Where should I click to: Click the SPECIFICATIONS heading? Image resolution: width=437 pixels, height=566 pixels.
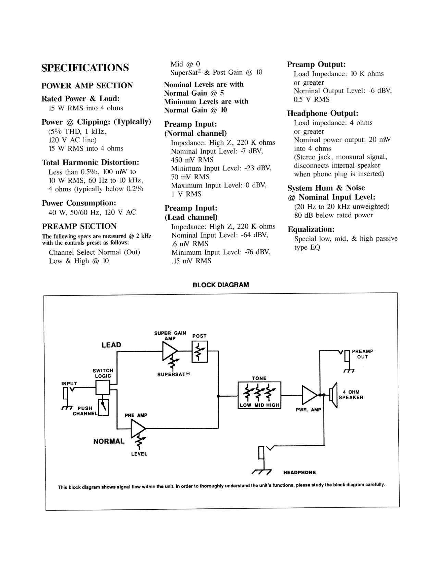[x=85, y=68]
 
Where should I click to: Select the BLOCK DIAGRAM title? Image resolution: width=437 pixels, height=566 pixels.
[x=221, y=285]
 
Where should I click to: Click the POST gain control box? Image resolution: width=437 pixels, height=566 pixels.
[x=200, y=352]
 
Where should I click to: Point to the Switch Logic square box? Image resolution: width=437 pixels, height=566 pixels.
[x=103, y=388]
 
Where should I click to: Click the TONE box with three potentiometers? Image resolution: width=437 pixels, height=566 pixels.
[x=259, y=395]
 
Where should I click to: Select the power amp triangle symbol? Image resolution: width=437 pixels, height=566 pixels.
[x=310, y=395]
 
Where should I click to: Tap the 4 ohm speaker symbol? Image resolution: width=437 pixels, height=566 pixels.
[x=333, y=395]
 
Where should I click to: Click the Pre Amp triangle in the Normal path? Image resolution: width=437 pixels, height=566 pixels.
[x=138, y=429]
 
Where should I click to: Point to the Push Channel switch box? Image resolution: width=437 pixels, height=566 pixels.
[x=104, y=407]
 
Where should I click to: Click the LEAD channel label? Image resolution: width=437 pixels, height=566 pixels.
[x=111, y=345]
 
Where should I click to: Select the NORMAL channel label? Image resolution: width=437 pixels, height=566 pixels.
[x=109, y=441]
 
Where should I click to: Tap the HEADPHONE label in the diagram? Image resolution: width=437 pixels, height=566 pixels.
[x=300, y=472]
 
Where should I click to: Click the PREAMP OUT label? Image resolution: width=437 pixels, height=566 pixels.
[x=363, y=354]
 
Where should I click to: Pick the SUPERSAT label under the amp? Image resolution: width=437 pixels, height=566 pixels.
[x=173, y=374]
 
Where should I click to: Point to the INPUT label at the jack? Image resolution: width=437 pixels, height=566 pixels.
[x=69, y=384]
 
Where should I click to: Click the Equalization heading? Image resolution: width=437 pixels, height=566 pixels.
[x=311, y=229]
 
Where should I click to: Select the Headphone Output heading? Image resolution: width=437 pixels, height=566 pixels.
[x=323, y=113]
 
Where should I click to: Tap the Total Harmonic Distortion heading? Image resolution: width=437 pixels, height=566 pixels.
[x=90, y=162]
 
